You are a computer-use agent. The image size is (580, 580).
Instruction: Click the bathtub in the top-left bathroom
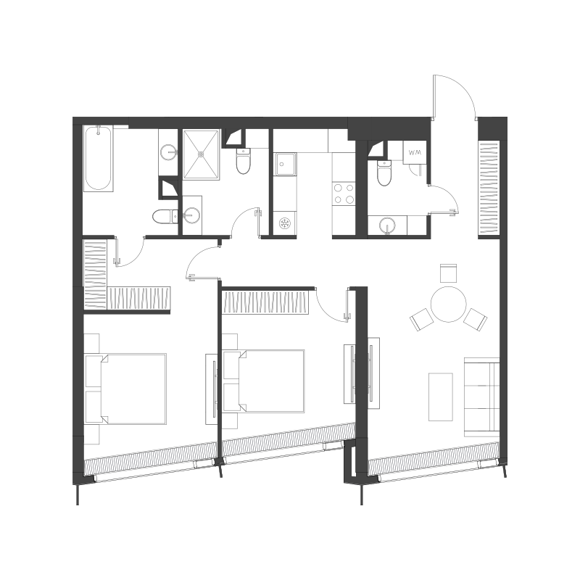point(99,159)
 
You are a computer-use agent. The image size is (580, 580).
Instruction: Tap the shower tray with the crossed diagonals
point(202,154)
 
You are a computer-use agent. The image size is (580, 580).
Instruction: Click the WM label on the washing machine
point(415,152)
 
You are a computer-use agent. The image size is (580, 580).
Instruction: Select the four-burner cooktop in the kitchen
point(344,194)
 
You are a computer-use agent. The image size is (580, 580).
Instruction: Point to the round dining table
point(448,304)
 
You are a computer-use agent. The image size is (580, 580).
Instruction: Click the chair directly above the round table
point(448,273)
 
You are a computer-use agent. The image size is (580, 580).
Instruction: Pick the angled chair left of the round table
point(422,319)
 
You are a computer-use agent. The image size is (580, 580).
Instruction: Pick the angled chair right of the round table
point(476,319)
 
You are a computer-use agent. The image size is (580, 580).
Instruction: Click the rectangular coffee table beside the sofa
point(441,397)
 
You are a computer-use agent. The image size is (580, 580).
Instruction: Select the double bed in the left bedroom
point(125,389)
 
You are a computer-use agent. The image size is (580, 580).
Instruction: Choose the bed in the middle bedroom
point(264,381)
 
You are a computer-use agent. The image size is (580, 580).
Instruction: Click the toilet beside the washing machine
point(384,173)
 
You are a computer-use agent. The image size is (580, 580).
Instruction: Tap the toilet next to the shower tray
point(243,161)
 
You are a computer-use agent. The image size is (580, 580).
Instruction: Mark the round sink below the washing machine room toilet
point(387,225)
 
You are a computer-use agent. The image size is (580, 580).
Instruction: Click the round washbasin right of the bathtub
point(169,152)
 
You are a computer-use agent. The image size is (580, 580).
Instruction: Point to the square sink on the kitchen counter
point(284,164)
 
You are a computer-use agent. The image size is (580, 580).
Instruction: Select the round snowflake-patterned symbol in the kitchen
point(285,223)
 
